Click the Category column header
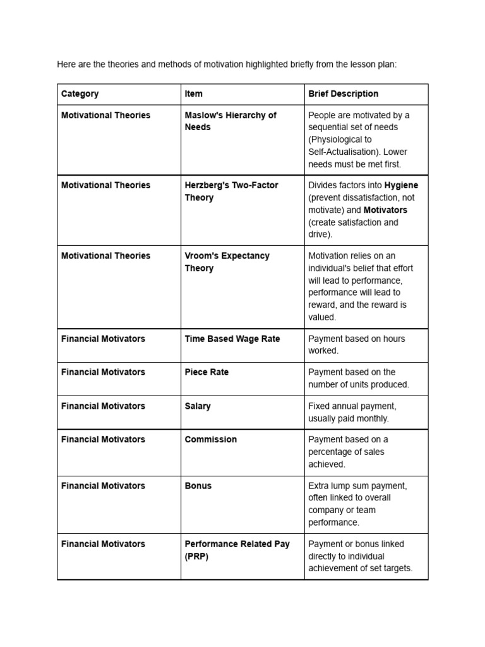(x=80, y=94)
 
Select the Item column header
(x=194, y=94)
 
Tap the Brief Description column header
(x=343, y=94)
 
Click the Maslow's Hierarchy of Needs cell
(x=231, y=121)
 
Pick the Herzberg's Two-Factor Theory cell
(x=231, y=191)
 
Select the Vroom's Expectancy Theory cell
(x=227, y=262)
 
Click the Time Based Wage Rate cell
(x=232, y=339)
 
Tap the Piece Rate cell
(x=207, y=372)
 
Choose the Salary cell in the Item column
(x=198, y=406)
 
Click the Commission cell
(x=211, y=439)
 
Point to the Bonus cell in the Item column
(x=198, y=486)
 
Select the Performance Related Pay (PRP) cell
(x=237, y=550)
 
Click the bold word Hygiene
(x=401, y=185)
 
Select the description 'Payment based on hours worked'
(x=357, y=344)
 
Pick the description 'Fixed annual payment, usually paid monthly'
(x=352, y=412)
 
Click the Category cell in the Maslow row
(x=105, y=115)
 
